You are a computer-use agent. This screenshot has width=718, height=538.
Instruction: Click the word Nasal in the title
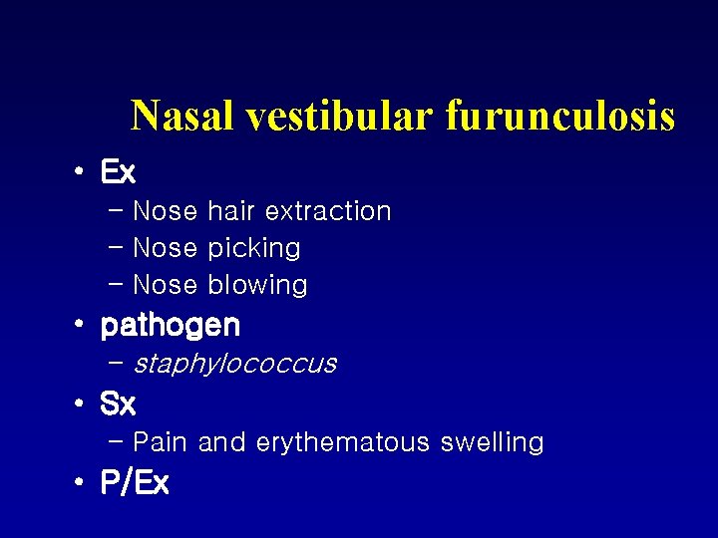(183, 117)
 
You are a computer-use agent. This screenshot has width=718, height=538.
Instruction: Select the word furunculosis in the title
(560, 117)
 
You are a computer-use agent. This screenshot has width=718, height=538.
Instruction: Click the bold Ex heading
(118, 172)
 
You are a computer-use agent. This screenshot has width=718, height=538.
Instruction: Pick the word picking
(254, 248)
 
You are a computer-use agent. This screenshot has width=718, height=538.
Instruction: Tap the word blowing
(258, 285)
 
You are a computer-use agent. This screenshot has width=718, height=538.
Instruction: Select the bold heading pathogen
(171, 326)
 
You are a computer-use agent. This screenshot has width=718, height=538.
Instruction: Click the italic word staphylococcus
(234, 364)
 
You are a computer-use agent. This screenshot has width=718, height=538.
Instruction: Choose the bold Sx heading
(118, 404)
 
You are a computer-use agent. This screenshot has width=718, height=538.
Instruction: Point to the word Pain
(162, 442)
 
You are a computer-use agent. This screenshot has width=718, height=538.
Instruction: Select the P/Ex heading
(135, 484)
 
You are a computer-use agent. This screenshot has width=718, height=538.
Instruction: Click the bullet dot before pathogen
(78, 326)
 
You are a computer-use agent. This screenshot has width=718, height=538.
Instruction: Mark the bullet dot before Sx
(78, 404)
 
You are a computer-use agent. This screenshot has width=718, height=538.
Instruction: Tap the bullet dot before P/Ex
(78, 484)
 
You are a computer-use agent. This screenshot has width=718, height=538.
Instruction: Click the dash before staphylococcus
(115, 363)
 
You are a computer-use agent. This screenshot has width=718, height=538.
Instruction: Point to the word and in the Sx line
(221, 442)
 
